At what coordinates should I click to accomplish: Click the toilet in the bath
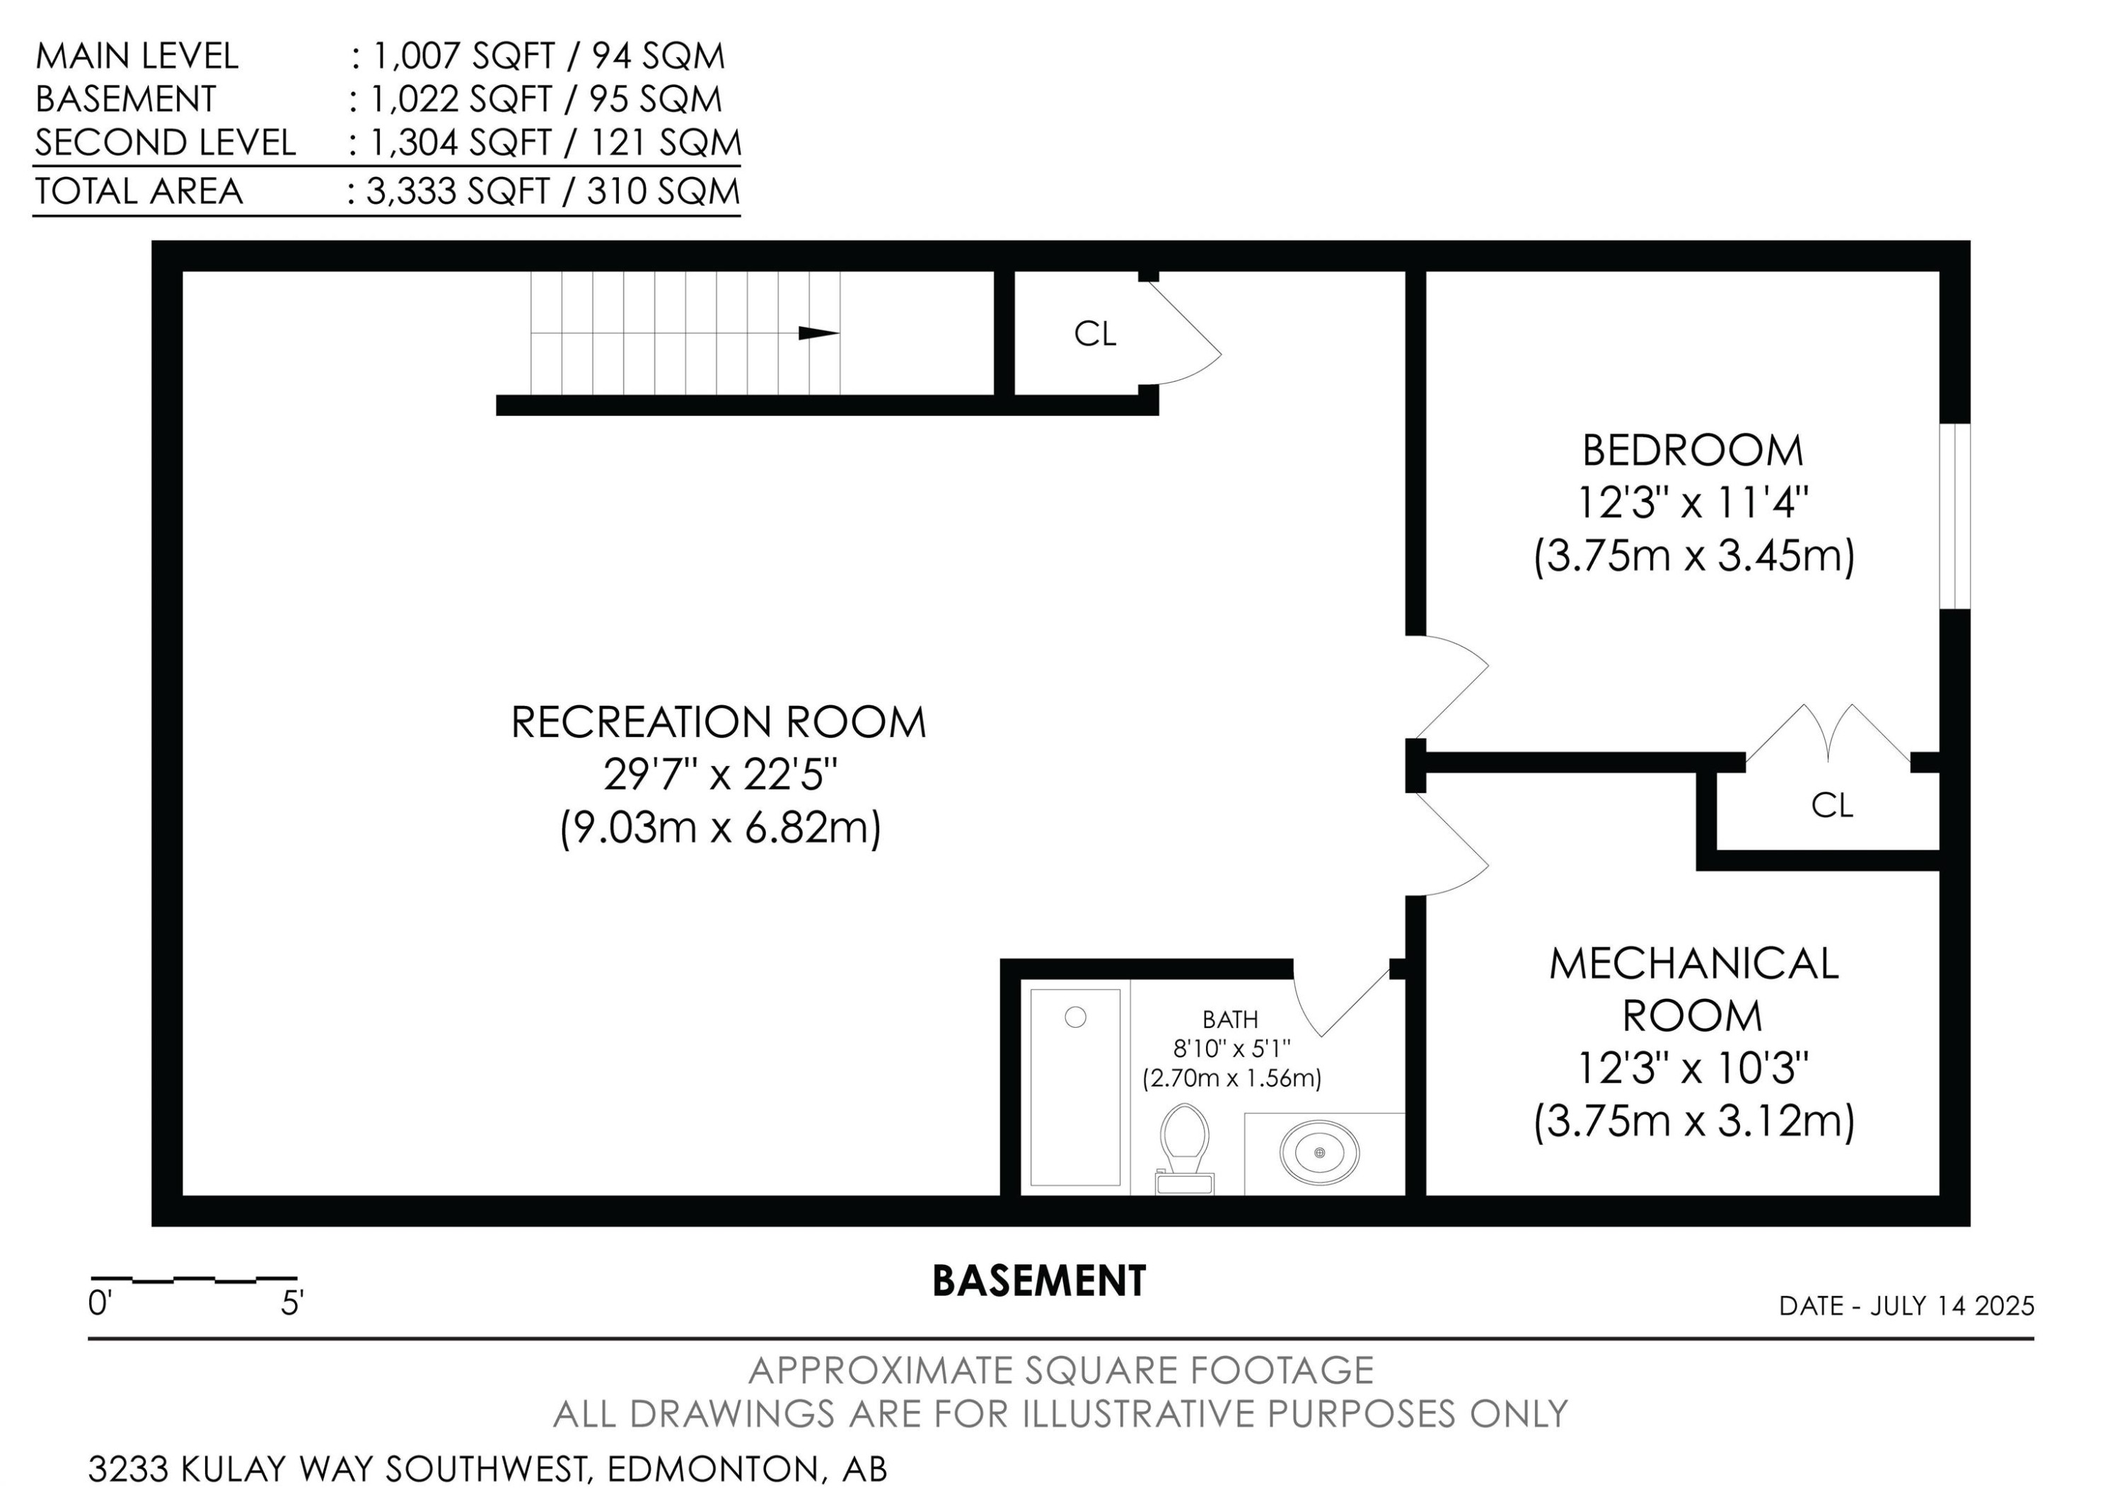pos(1185,1149)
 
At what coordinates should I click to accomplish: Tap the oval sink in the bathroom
pos(1319,1152)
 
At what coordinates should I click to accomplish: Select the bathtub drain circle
pos(1075,1017)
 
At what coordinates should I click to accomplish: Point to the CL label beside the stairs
pos(1095,334)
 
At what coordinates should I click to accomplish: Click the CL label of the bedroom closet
pos(1832,806)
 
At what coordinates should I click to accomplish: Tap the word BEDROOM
pos(1692,451)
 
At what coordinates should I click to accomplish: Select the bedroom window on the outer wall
pos(1954,516)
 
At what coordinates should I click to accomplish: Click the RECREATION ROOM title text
pos(718,723)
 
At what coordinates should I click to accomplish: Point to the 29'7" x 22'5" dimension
pos(720,775)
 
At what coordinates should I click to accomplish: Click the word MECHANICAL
pos(1693,964)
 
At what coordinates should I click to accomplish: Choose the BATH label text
pos(1230,1019)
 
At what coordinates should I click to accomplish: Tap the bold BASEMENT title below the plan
pos(1039,1281)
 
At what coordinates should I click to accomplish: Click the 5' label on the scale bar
pos(292,1304)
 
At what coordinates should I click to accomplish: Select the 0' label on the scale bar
pos(100,1304)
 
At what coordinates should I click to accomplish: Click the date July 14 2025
pos(1952,1306)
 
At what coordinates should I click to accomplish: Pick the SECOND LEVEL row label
pos(166,142)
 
